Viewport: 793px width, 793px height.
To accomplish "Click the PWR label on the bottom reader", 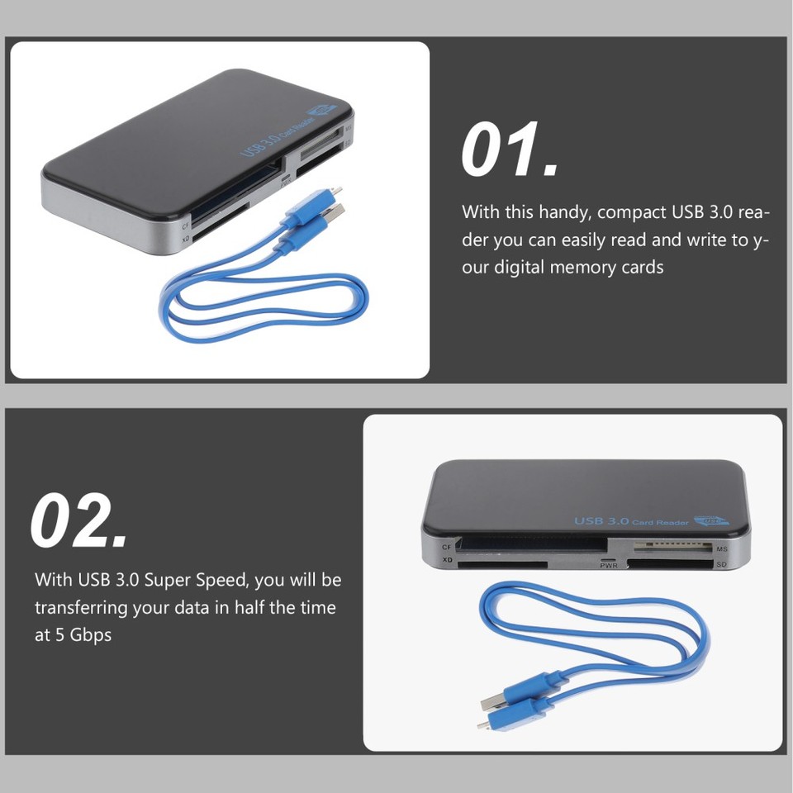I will point(609,566).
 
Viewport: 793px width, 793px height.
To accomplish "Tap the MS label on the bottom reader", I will point(721,549).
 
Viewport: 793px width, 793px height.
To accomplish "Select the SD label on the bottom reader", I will point(721,565).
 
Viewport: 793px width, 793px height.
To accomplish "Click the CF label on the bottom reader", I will point(447,547).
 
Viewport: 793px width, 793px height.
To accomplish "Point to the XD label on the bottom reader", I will point(447,560).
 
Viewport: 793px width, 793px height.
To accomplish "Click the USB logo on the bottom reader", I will point(712,521).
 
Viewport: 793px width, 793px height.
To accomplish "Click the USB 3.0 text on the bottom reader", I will point(602,520).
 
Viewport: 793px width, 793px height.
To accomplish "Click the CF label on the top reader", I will point(186,225).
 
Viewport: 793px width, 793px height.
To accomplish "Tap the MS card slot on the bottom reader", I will point(674,547).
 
